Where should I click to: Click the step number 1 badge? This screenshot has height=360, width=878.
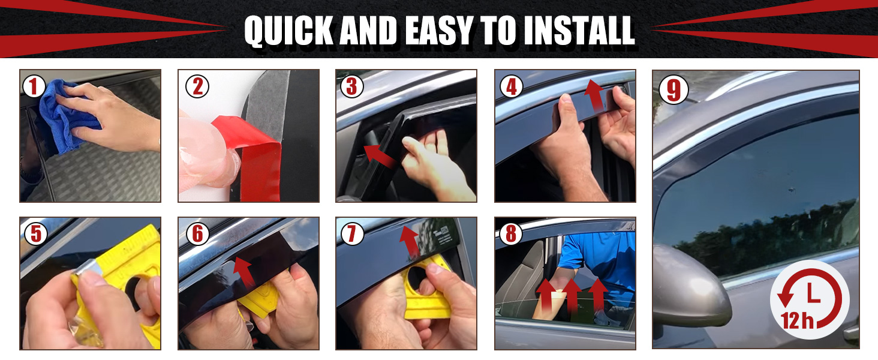click(34, 86)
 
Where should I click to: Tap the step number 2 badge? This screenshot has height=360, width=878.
click(197, 86)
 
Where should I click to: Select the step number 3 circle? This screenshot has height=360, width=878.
click(351, 86)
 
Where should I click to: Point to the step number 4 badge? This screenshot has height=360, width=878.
click(511, 86)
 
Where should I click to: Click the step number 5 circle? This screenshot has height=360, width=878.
click(35, 234)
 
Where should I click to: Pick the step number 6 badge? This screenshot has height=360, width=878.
click(197, 234)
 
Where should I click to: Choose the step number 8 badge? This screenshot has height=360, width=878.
click(511, 234)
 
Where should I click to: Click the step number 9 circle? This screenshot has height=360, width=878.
click(673, 90)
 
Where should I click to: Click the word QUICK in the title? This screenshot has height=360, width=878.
click(288, 31)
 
